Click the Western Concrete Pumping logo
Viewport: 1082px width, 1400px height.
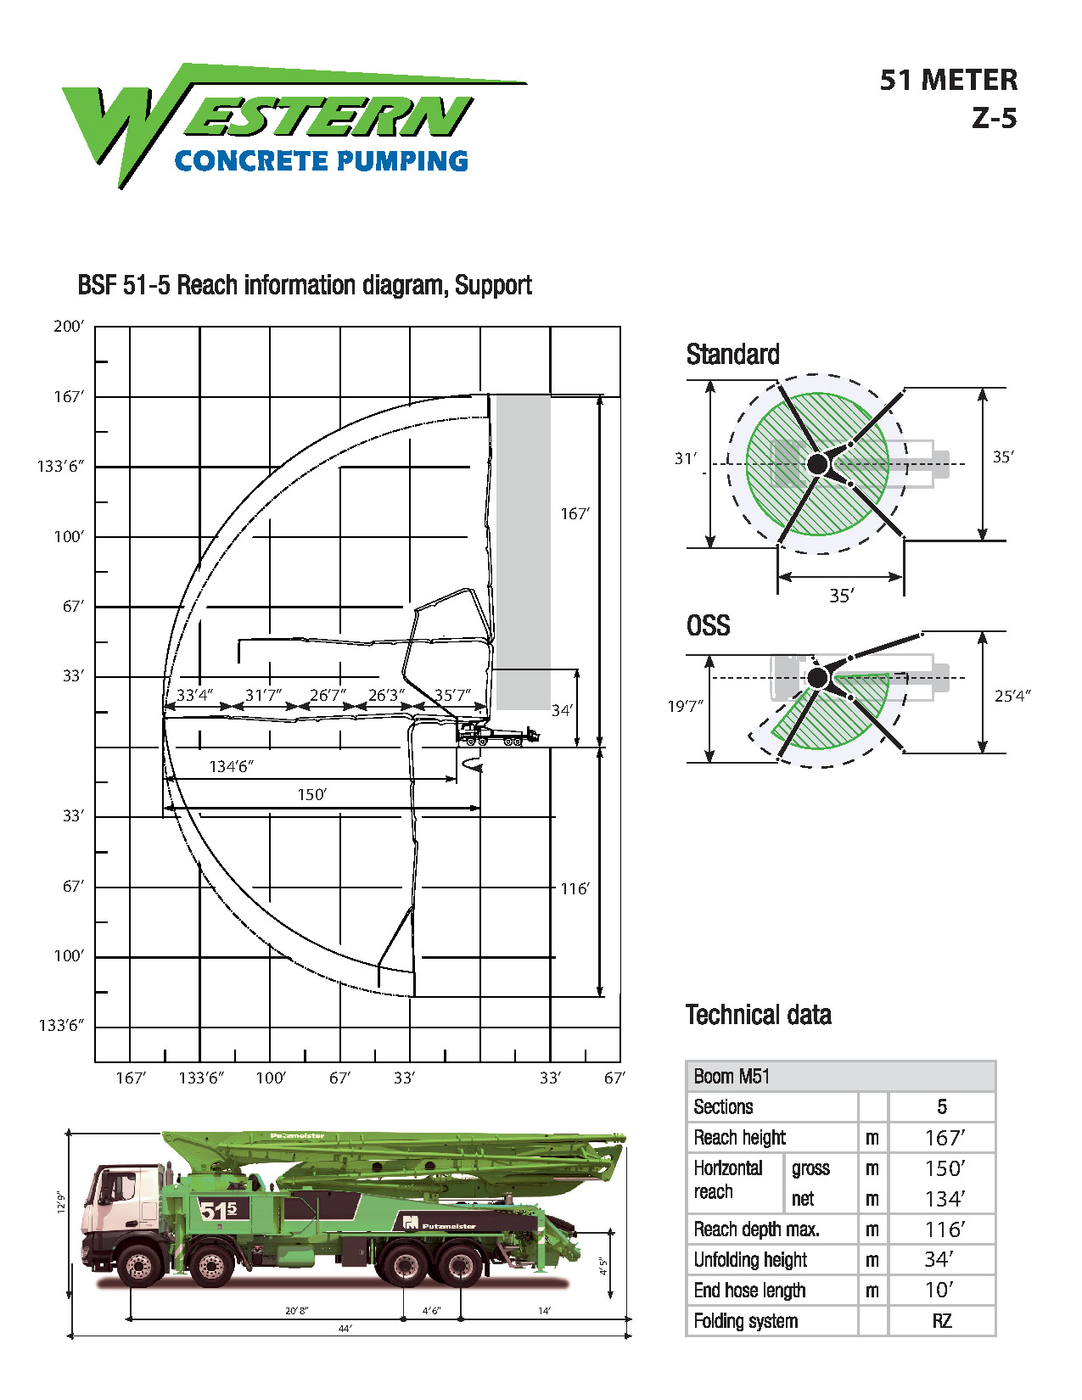point(294,126)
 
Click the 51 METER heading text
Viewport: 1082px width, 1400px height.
point(949,81)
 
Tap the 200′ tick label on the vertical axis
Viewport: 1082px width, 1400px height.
point(68,326)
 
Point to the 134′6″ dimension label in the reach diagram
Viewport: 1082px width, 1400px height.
point(232,766)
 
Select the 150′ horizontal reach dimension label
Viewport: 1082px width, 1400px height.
point(312,794)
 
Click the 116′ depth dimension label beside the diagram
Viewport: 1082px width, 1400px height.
point(575,888)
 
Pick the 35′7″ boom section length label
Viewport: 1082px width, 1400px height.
point(452,695)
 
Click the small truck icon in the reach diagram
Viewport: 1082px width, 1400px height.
point(497,735)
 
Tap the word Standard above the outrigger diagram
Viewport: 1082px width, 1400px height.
point(732,355)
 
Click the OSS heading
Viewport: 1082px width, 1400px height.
point(709,625)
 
